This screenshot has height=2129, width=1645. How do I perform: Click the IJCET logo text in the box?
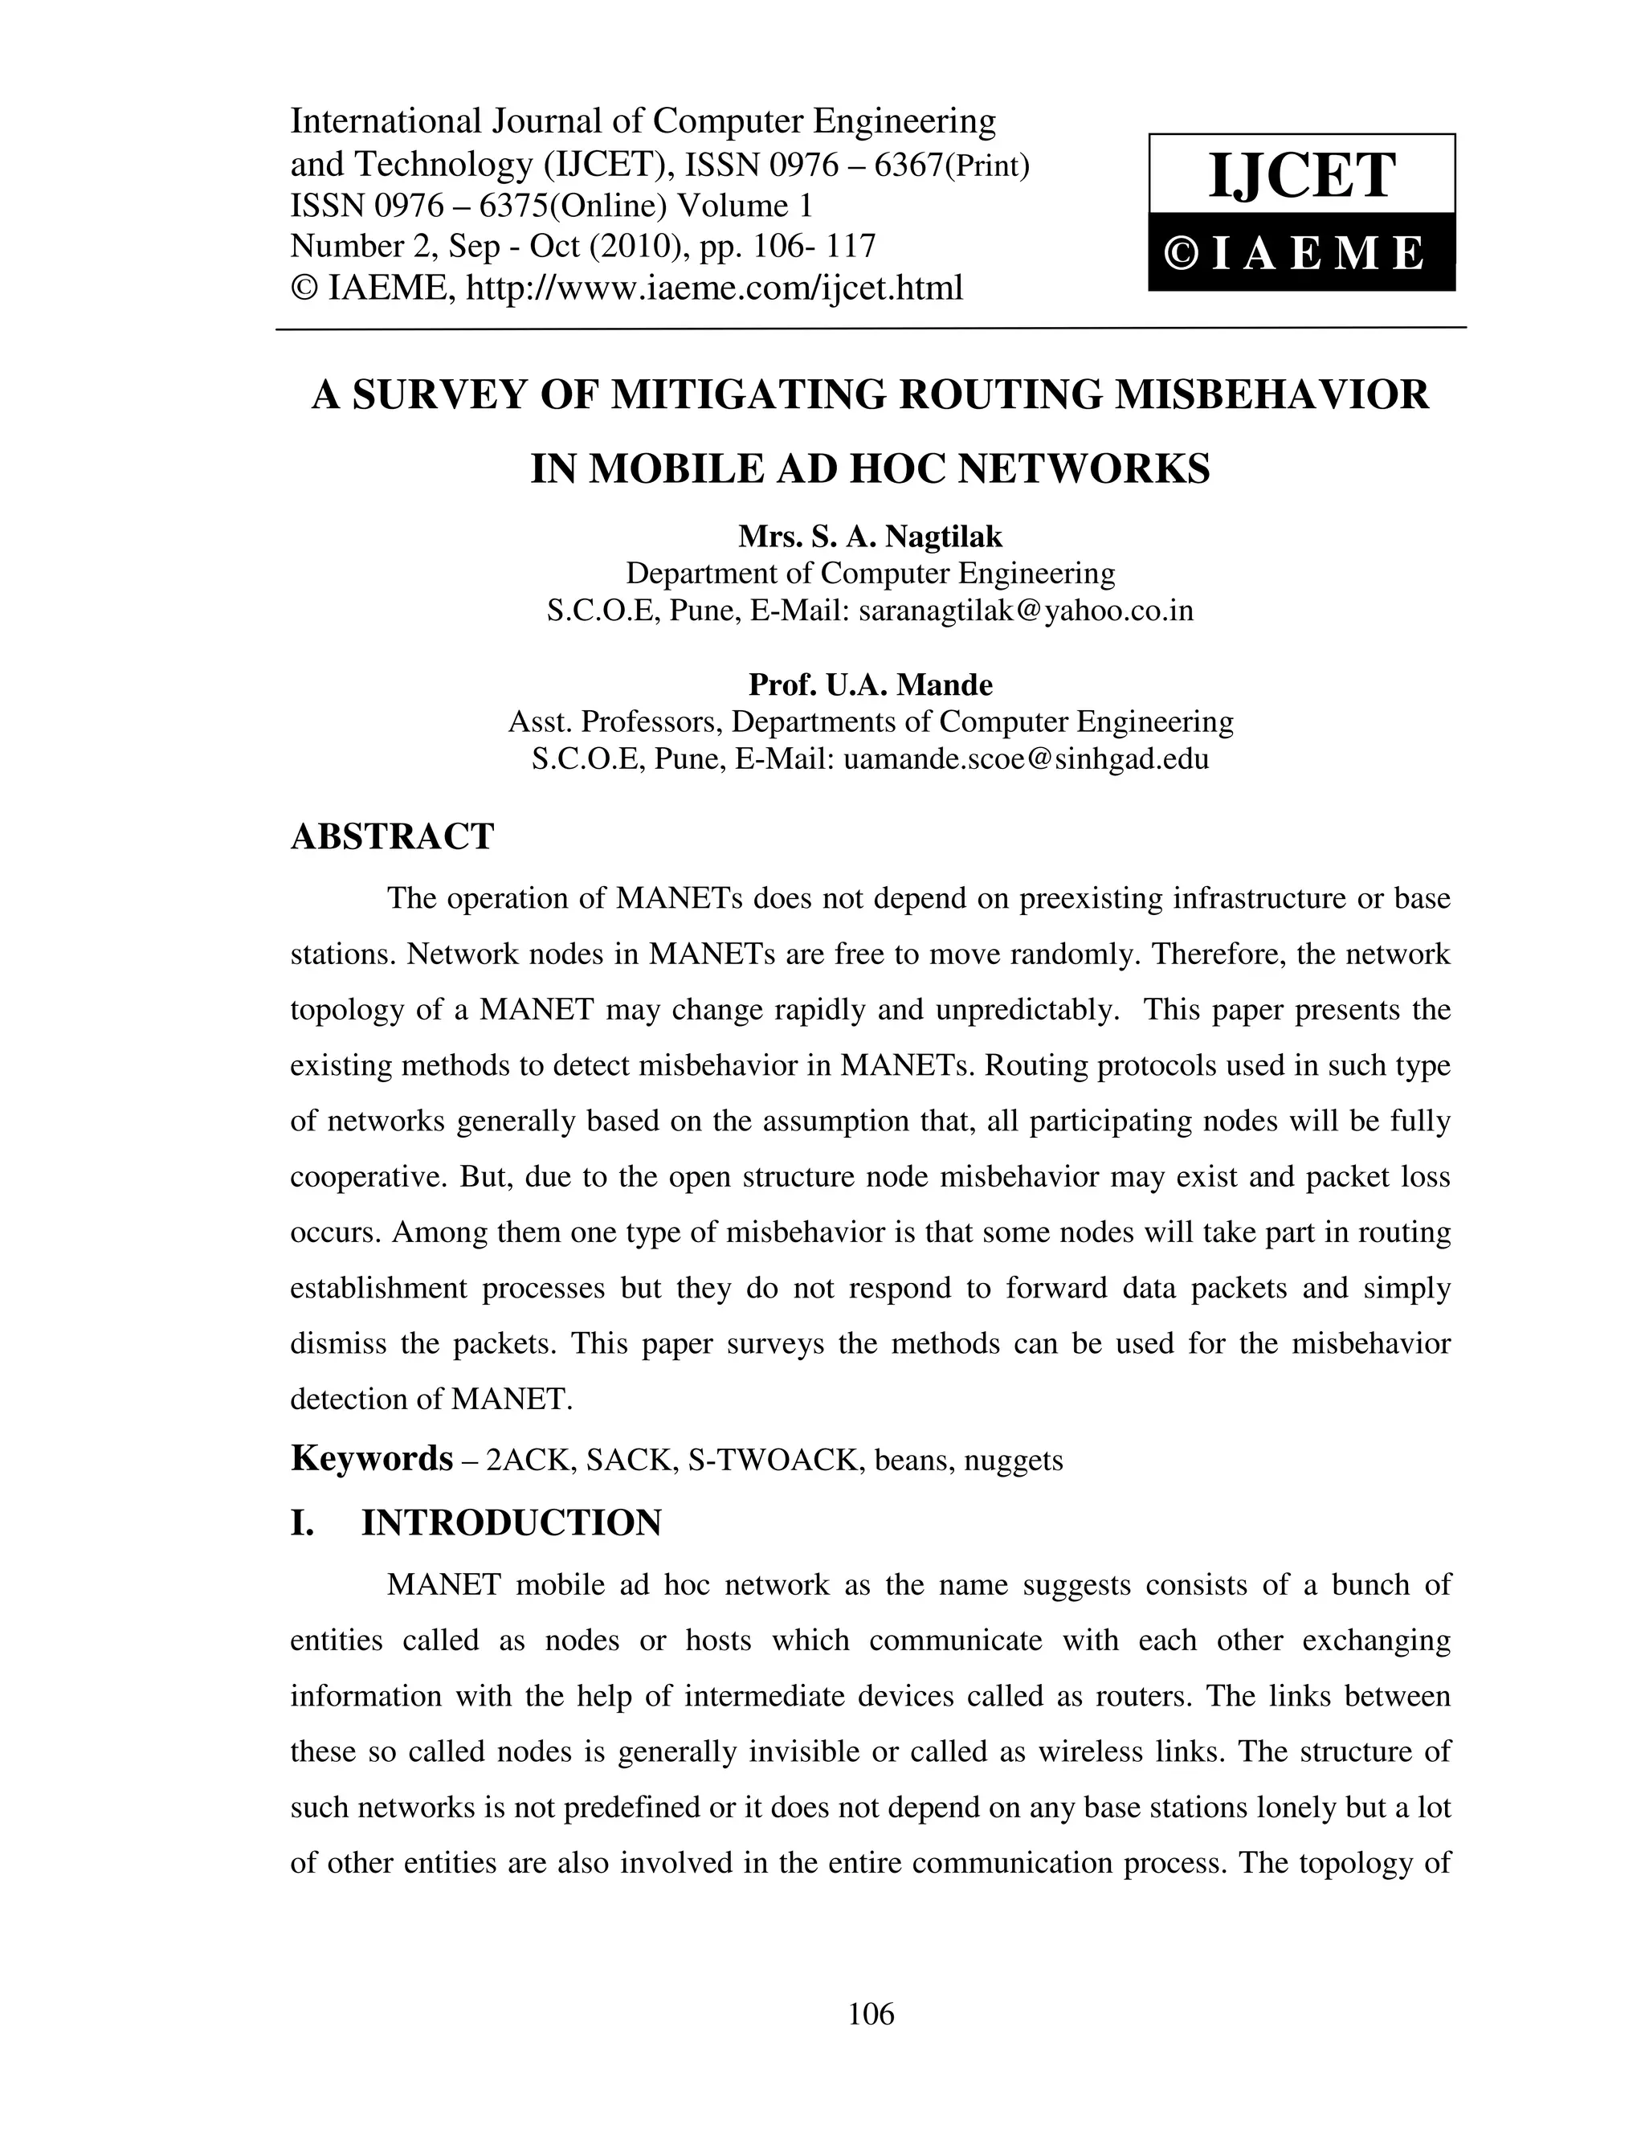tap(1301, 177)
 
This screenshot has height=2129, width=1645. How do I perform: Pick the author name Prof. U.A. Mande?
tap(869, 684)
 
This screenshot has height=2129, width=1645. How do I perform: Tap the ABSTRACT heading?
tap(392, 836)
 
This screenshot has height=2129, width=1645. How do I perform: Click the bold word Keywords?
tap(371, 1459)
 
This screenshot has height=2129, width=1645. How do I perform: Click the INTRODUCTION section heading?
tap(511, 1523)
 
